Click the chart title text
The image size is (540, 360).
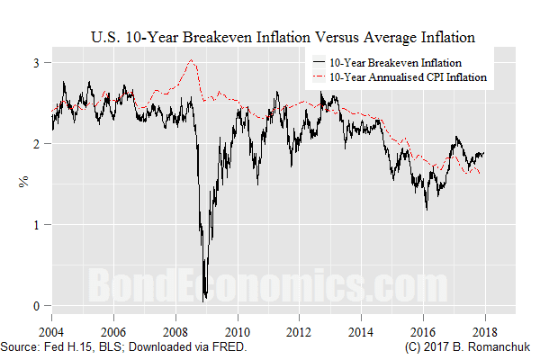coord(283,37)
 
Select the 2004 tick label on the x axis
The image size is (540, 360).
coord(51,329)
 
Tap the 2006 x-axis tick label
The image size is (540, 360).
coord(113,329)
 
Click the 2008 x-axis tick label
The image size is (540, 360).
coord(175,329)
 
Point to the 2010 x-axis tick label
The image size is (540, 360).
coord(238,329)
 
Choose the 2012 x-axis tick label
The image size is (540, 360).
coord(300,329)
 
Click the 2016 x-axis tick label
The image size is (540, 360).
coord(423,329)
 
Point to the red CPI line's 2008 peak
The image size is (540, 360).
coord(193,60)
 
